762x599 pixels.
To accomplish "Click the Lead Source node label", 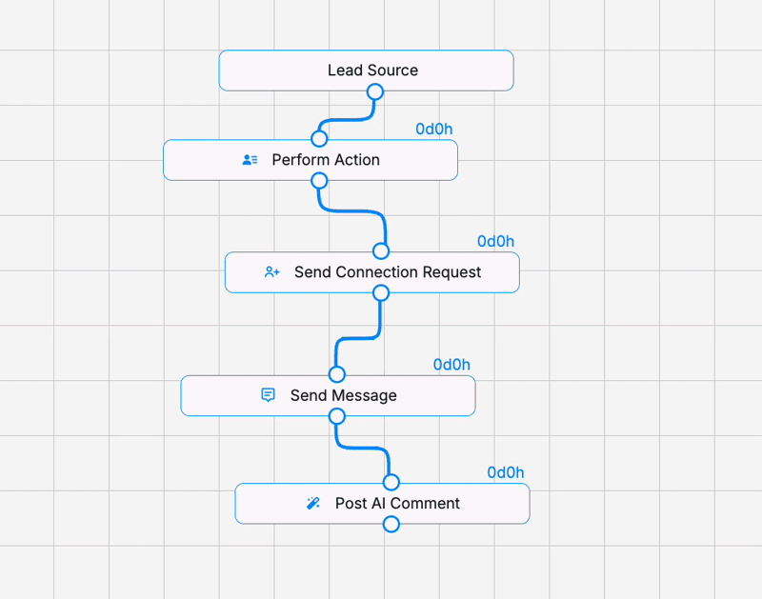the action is [372, 70].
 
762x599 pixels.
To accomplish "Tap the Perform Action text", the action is [326, 160].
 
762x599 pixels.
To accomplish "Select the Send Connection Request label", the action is [388, 272].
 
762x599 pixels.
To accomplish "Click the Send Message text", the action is [344, 395].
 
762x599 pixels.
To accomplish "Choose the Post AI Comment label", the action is [397, 504].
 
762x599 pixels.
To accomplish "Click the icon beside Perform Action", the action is [250, 159].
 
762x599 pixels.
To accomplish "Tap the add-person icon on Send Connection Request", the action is [272, 272].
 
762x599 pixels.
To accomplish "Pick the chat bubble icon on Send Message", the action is [268, 395].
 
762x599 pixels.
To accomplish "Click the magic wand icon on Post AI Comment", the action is [313, 503].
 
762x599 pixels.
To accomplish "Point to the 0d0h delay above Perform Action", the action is [434, 130].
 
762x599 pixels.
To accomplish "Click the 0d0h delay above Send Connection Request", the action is [495, 242].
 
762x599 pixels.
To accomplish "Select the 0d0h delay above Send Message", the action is [451, 365].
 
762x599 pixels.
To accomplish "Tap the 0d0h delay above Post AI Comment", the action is [506, 472].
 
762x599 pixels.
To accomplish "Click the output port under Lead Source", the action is [375, 91].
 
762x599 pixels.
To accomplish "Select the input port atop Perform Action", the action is [319, 138].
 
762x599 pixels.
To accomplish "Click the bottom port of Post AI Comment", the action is [391, 524].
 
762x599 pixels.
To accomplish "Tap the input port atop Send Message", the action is [337, 374].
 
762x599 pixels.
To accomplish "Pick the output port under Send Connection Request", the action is [381, 293].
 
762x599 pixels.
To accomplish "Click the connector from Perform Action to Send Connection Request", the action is [351, 211].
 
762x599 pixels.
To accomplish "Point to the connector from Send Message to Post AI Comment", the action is [364, 448].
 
